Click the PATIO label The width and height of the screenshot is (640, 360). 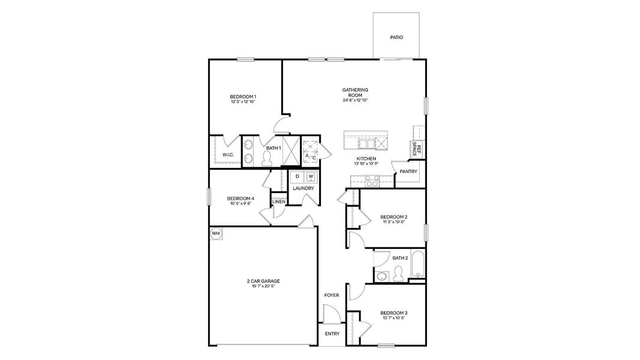tap(396, 37)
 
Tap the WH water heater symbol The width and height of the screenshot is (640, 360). tap(215, 233)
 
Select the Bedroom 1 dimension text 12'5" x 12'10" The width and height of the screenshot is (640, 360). tap(243, 102)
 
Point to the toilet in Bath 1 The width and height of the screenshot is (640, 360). tap(268, 158)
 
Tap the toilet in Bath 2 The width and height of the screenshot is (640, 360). tap(396, 275)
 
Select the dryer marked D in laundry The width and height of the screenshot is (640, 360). tap(298, 176)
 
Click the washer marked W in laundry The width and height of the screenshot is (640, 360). tap(311, 176)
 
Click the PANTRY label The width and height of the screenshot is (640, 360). tap(409, 172)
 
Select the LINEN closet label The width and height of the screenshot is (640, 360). tap(279, 202)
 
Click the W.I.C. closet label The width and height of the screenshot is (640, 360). tap(228, 155)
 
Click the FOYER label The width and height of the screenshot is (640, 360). tap(332, 295)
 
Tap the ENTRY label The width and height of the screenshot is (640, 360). tap(332, 334)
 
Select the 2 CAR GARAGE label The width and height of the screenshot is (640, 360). tap(263, 281)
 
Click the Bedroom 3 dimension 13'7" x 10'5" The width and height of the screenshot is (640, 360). tap(393, 318)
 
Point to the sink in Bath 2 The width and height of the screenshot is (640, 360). tap(381, 277)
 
